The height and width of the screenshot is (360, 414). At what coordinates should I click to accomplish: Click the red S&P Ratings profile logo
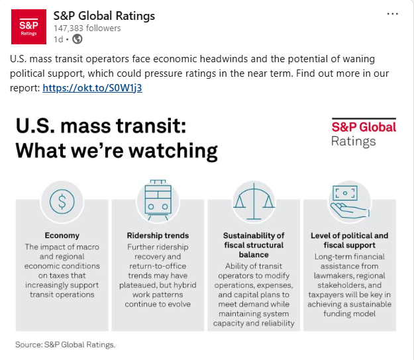click(28, 26)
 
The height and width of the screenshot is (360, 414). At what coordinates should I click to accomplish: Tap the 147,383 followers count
click(87, 28)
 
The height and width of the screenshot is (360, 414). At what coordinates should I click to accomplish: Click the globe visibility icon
click(77, 39)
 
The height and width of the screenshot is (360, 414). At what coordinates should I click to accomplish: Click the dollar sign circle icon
click(62, 202)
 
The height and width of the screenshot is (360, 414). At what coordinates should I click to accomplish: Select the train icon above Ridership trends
click(158, 201)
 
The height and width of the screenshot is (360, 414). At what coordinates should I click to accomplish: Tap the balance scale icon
click(253, 202)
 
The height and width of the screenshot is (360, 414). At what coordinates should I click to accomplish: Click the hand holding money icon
click(348, 202)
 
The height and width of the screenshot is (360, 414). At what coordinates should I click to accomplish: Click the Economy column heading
click(62, 235)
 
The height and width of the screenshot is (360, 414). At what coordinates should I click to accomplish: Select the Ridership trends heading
click(158, 235)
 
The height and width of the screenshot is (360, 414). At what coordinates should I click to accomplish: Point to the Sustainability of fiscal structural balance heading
click(253, 244)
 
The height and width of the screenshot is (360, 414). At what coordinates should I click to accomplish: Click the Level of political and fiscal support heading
click(349, 240)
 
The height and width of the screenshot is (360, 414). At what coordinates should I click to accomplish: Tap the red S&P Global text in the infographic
click(363, 126)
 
